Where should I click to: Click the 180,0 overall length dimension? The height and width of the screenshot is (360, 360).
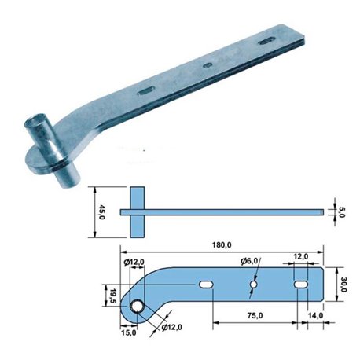point(222,245)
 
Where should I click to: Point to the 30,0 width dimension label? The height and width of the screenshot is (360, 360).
point(343,285)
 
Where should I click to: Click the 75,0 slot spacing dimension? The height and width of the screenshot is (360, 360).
point(255,315)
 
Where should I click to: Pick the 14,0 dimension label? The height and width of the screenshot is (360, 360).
point(315,315)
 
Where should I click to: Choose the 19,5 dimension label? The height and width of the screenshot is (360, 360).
point(113,296)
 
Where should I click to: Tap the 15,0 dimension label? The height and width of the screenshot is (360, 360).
point(128,332)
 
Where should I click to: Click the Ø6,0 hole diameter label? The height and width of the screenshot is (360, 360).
point(249,261)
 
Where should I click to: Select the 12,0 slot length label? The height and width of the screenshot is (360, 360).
point(300,256)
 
